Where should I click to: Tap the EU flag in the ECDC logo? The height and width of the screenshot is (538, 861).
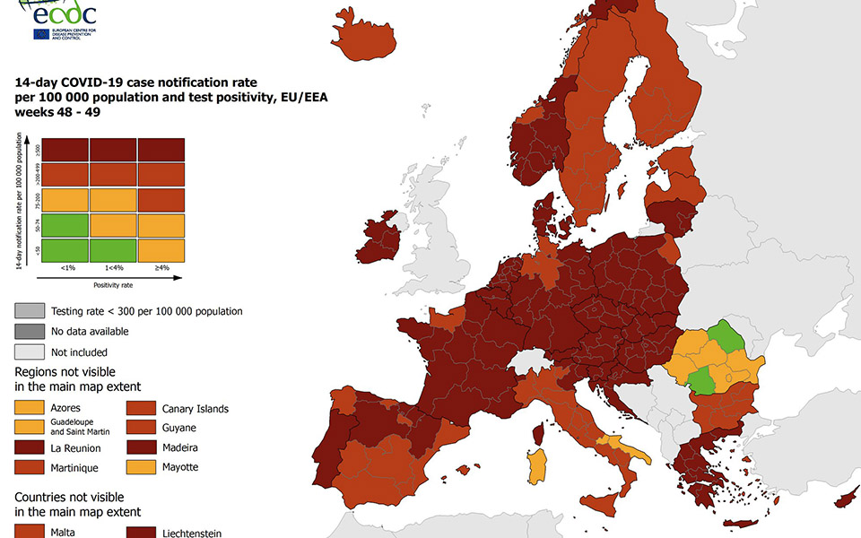coord(41,34)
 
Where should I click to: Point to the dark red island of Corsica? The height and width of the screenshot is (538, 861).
coord(539,435)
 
